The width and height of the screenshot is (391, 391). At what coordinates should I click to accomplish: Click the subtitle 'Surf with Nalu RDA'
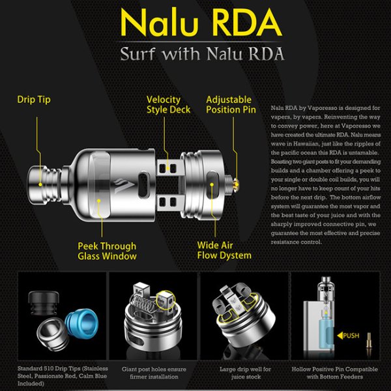(x=202, y=53)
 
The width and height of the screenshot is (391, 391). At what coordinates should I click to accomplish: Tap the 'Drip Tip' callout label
(x=34, y=100)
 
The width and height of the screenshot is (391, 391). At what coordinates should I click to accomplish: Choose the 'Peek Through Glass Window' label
(x=107, y=251)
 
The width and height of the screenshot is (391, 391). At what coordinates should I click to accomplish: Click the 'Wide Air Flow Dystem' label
(x=224, y=251)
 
